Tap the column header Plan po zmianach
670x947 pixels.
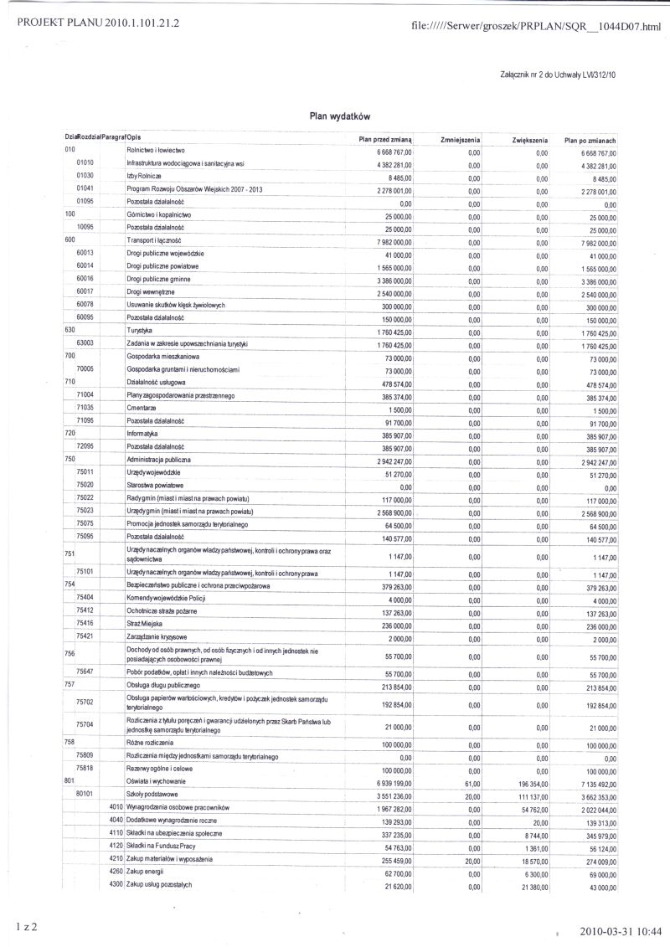590,140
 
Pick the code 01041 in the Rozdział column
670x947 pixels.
85,189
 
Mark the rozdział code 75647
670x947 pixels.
85,672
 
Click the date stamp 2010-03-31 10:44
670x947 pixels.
621,930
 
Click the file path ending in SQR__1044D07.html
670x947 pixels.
537,27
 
